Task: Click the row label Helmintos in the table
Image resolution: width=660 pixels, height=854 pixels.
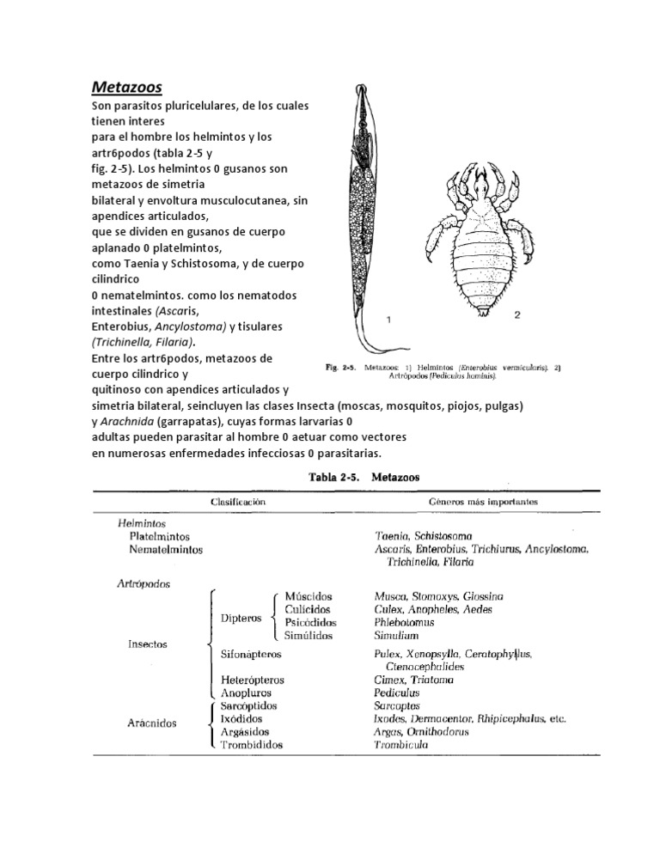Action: (x=142, y=522)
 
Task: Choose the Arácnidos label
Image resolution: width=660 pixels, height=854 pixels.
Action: (x=148, y=723)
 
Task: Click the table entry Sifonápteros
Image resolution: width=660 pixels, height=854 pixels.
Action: (x=257, y=654)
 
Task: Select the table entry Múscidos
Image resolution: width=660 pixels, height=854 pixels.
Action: (x=309, y=595)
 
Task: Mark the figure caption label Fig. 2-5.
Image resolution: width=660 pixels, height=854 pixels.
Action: (x=340, y=369)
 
